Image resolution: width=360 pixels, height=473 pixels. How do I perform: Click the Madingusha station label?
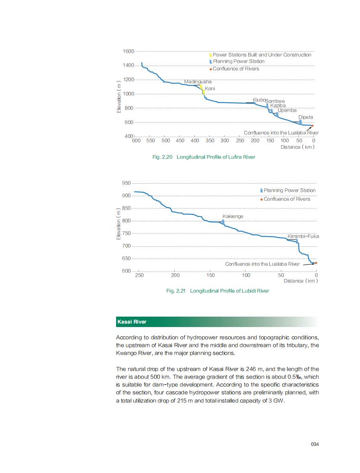[198, 82]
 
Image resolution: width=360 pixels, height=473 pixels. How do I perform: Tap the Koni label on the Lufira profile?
[210, 89]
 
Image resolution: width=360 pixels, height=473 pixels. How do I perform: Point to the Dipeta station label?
[305, 117]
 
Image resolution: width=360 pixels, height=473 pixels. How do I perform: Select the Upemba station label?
[287, 110]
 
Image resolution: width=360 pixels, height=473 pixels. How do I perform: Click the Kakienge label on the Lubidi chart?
[233, 216]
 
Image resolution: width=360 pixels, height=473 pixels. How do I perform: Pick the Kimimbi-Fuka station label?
[303, 236]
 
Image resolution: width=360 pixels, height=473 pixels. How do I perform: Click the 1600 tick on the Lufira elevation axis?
[128, 52]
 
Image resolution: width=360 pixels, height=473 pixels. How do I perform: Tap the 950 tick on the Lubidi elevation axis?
[126, 183]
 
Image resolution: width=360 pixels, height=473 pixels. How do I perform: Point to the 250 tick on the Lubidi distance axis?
[139, 275]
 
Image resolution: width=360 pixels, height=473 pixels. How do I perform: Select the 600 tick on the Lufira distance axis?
[136, 140]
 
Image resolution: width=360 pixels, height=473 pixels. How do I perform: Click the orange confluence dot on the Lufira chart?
[312, 126]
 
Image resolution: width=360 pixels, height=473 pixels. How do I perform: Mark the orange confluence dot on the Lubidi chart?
[316, 263]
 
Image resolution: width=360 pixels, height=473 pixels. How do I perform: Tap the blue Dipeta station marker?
[300, 122]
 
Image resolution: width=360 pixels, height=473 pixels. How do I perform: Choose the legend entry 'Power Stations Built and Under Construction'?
[262, 55]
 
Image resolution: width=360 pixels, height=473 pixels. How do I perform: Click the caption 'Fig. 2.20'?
[162, 157]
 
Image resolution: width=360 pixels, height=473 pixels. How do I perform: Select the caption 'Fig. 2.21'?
[176, 291]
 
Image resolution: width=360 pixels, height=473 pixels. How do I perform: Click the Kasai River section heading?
[132, 322]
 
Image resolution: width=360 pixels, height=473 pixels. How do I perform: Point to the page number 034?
[315, 444]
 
